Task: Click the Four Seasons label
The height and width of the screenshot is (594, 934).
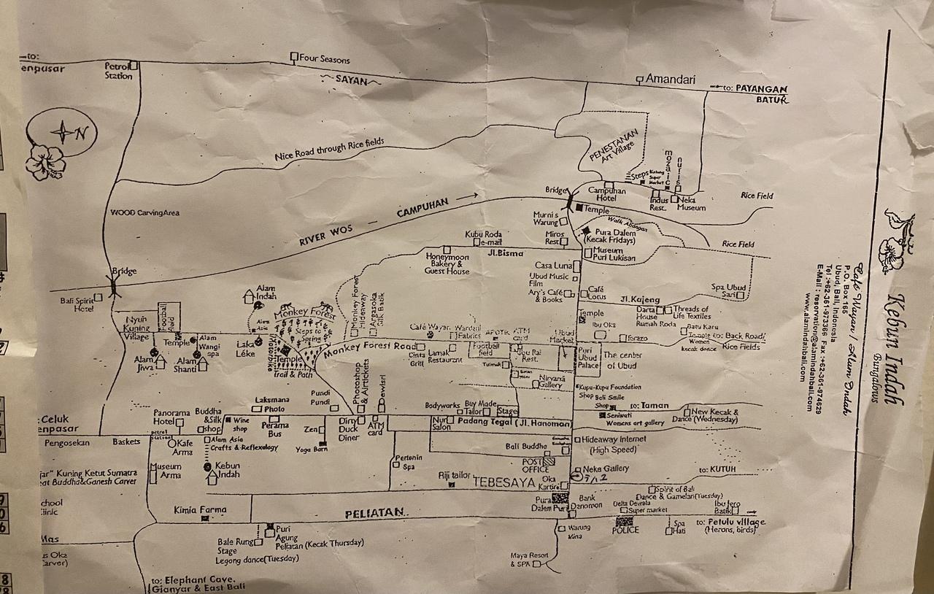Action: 325,59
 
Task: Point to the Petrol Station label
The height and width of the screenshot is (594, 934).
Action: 117,70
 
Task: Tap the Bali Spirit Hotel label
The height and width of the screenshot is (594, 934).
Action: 79,304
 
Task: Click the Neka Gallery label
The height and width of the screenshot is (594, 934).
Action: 606,468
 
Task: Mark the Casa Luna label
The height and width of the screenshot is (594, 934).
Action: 554,265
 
